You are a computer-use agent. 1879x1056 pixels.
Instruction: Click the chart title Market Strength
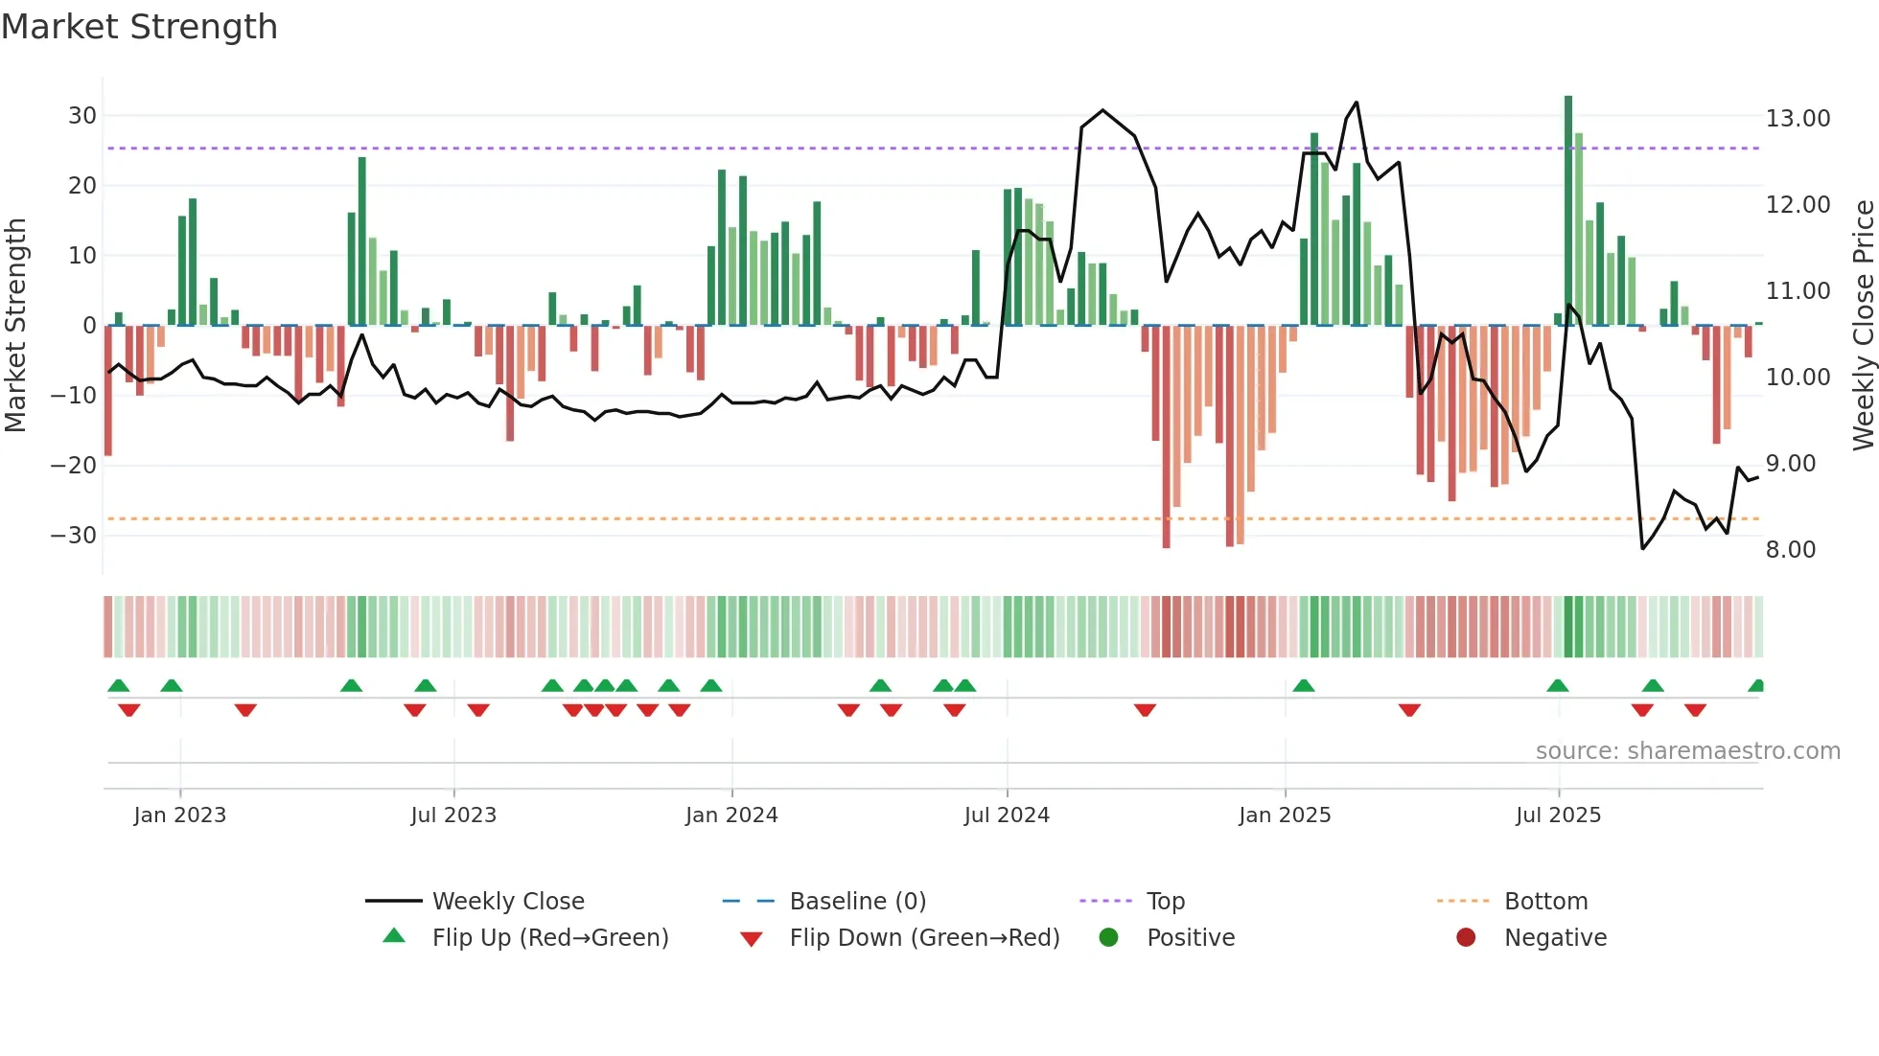(139, 27)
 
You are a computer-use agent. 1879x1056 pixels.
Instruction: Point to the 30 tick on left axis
(82, 116)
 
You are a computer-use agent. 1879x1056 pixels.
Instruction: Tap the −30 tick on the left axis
(75, 536)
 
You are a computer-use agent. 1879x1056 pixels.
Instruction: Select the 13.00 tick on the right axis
(1798, 119)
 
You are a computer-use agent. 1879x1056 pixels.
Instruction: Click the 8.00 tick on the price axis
(1791, 550)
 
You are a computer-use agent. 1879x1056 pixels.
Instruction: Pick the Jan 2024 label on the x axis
(731, 815)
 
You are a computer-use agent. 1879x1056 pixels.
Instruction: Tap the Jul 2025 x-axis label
(1558, 815)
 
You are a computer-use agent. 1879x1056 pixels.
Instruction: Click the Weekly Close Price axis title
(1863, 326)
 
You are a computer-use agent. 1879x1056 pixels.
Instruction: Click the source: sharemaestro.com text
(1687, 751)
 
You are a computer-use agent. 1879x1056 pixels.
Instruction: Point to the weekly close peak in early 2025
(1357, 103)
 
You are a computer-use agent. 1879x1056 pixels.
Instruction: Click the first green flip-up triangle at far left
(119, 686)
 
